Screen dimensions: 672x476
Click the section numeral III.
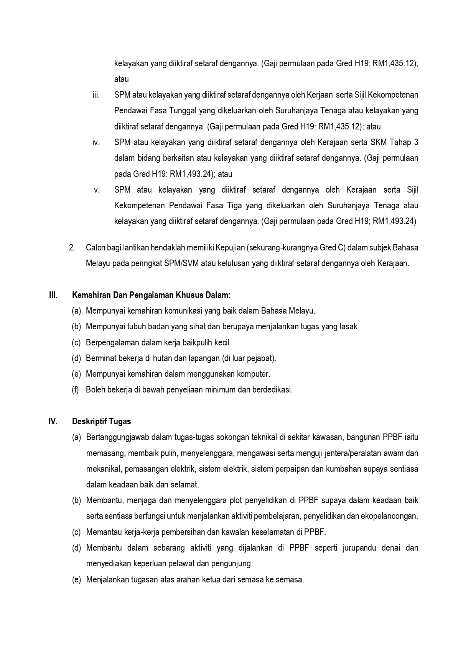(x=53, y=295)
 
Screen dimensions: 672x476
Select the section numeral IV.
(x=53, y=422)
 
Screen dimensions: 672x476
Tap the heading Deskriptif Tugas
(x=101, y=422)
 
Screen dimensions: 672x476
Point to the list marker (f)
(x=75, y=390)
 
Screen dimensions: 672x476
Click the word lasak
(x=348, y=327)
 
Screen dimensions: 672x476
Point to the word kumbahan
(x=341, y=469)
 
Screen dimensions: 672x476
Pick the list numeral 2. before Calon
(x=72, y=248)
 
